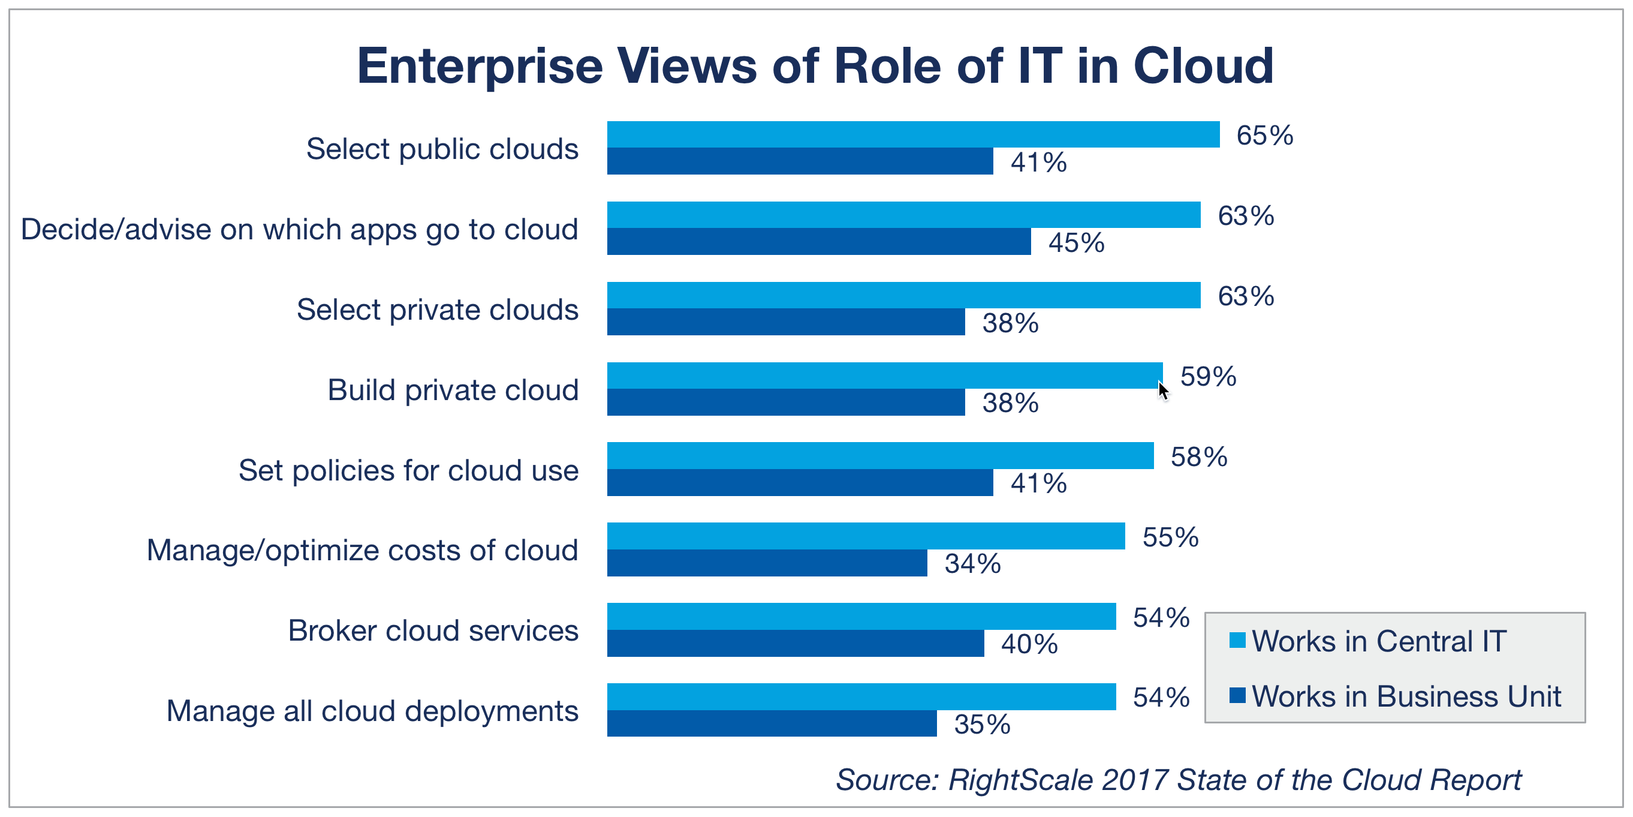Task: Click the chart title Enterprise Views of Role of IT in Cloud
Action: click(815, 66)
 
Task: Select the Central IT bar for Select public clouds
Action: click(913, 134)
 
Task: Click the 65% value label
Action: click(1265, 136)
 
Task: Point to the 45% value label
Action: click(1077, 243)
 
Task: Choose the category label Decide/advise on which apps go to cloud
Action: click(299, 230)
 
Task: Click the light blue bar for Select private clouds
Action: click(903, 296)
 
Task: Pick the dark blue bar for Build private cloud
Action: click(786, 402)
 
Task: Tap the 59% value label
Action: click(1209, 377)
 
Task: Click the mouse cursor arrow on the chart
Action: click(1162, 389)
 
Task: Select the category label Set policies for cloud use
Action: click(408, 471)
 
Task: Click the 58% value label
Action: click(1199, 457)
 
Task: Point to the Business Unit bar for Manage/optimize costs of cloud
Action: click(767, 563)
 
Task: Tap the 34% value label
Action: click(972, 564)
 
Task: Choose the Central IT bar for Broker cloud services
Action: click(861, 617)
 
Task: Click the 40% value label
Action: click(1029, 644)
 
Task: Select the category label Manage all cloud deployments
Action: click(372, 711)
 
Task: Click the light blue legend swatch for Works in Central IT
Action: click(1237, 640)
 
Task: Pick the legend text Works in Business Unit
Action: click(1406, 696)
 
